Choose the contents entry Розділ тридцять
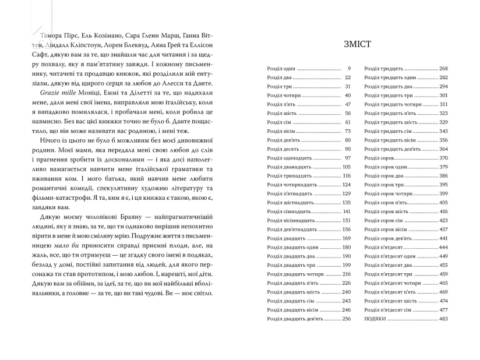(384, 69)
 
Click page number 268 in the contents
(443, 69)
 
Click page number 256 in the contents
(347, 319)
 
